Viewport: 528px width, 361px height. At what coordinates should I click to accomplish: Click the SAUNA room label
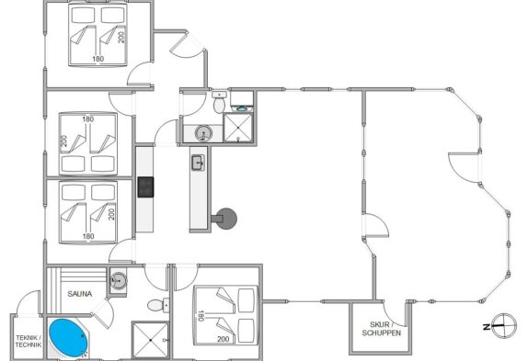[80, 294]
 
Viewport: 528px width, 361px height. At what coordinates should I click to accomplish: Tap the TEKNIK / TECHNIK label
[29, 341]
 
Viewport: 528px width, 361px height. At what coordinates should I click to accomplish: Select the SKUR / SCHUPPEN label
[381, 329]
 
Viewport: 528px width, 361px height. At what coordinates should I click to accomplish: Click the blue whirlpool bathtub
[68, 338]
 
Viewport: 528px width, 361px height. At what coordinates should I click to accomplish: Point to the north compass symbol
[503, 325]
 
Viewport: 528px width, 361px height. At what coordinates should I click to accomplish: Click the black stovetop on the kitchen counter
[145, 186]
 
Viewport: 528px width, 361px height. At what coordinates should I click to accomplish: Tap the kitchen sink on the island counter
[199, 163]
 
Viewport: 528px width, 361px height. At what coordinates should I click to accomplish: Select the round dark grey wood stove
[225, 219]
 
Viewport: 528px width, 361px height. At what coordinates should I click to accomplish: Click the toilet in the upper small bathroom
[219, 102]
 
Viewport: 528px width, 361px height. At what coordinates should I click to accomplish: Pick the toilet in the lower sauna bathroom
[158, 305]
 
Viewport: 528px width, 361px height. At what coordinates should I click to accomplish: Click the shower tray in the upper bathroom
[237, 128]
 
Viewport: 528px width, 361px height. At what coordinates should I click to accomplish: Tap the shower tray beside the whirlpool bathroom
[150, 340]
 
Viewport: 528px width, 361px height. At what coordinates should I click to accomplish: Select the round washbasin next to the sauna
[118, 280]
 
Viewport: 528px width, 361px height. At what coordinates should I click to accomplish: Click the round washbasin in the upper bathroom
[203, 133]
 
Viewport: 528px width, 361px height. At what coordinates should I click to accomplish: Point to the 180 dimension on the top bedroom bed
[98, 59]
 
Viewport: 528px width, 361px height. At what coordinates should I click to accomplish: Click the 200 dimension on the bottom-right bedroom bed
[223, 339]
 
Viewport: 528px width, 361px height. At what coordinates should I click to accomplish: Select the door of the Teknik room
[29, 303]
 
